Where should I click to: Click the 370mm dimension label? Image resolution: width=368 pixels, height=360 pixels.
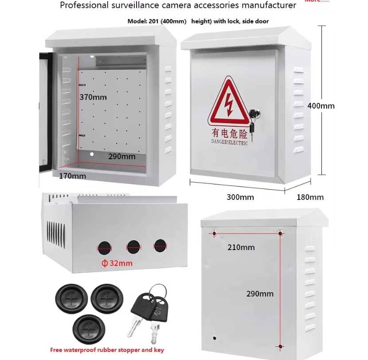click(x=93, y=97)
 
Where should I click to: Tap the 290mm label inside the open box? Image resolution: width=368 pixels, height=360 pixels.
click(x=122, y=156)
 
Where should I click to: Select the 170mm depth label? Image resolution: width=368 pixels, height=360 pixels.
click(x=73, y=176)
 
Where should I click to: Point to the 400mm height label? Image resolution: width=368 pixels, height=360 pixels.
click(x=321, y=106)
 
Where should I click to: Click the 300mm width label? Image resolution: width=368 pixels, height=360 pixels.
click(x=240, y=197)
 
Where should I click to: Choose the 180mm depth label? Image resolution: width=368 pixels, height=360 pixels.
click(x=310, y=197)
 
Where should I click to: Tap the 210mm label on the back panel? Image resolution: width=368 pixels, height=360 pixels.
click(x=241, y=247)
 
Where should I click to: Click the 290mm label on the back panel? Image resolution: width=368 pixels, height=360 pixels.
click(x=260, y=293)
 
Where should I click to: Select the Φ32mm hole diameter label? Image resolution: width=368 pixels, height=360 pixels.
click(x=117, y=263)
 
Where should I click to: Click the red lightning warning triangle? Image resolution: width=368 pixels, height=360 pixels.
click(x=229, y=102)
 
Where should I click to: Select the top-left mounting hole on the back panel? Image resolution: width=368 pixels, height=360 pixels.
click(x=215, y=233)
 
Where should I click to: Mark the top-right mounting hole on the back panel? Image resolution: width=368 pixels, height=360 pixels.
click(x=280, y=233)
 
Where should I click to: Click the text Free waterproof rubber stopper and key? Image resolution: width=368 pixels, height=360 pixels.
click(x=107, y=350)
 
